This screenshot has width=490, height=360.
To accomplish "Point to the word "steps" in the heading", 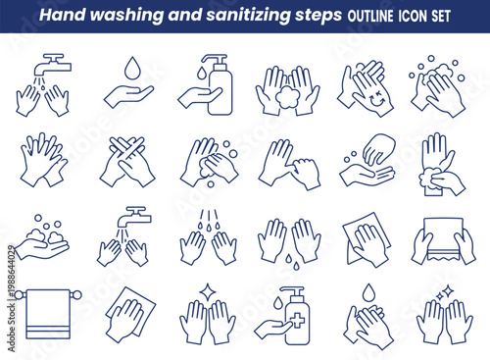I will [320, 17].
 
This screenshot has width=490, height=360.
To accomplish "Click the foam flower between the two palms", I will [287, 98].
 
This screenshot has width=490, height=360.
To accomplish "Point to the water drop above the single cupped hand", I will [127, 69].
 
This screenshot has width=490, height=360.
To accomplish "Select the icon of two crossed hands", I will [127, 162].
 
